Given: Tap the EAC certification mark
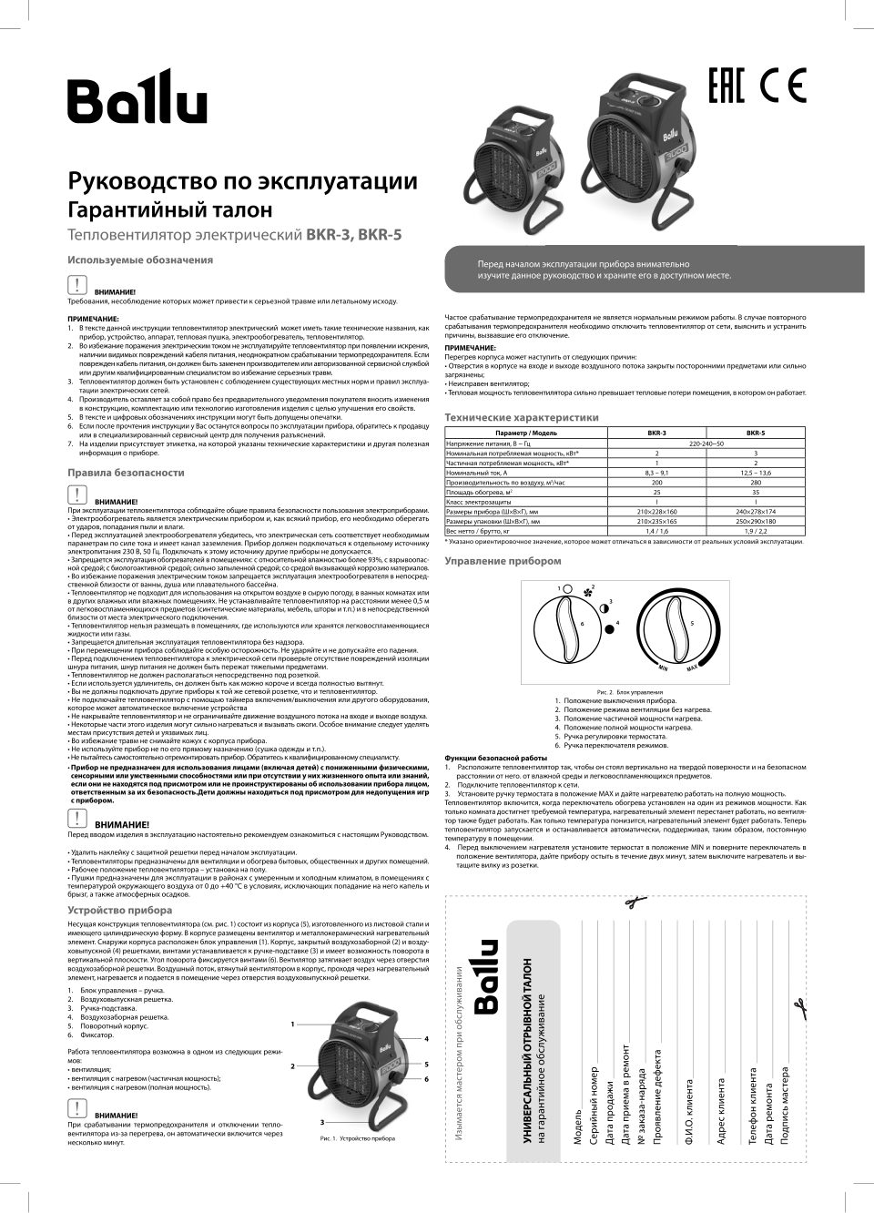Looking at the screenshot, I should (x=727, y=87).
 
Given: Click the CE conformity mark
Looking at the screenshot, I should (x=783, y=87).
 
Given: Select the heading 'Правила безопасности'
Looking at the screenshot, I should (x=126, y=473).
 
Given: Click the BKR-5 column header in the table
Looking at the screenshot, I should (x=755, y=433).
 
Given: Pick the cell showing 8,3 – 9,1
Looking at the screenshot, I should (x=656, y=473).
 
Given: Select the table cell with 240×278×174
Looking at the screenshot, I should (x=755, y=512).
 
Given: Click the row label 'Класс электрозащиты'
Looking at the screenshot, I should (x=473, y=502).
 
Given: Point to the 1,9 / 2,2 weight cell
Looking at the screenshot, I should (x=755, y=531).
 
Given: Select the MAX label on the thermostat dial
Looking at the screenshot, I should (x=692, y=668).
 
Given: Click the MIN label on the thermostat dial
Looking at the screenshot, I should (x=664, y=668).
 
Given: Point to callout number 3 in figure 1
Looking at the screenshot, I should (x=321, y=1121).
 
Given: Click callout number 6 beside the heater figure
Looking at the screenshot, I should (x=426, y=1078).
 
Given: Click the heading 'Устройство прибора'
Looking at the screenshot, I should (x=119, y=910).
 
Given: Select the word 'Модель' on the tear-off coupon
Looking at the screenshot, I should (x=577, y=1126).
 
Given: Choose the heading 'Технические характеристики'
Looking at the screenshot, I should (x=521, y=417).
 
